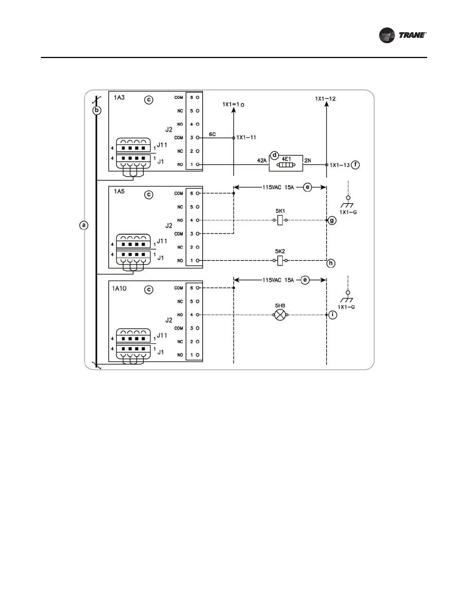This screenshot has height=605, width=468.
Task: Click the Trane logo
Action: pyautogui.click(x=402, y=35)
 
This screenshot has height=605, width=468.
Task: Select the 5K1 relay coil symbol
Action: pyautogui.click(x=280, y=220)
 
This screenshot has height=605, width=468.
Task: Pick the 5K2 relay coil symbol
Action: pyautogui.click(x=280, y=261)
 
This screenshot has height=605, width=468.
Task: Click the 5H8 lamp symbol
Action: pyautogui.click(x=281, y=315)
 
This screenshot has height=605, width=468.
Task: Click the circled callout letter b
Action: pyautogui.click(x=97, y=111)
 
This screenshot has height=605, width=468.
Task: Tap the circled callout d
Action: pyautogui.click(x=274, y=155)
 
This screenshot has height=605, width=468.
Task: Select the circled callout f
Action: pyautogui.click(x=355, y=165)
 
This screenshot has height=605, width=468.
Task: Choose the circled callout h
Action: pyautogui.click(x=331, y=263)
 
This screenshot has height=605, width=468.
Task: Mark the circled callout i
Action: pyautogui.click(x=333, y=315)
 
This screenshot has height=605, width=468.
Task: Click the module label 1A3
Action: pyautogui.click(x=119, y=98)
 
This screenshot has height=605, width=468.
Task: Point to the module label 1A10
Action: pyautogui.click(x=119, y=288)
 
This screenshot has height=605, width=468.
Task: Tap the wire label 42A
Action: pyautogui.click(x=262, y=161)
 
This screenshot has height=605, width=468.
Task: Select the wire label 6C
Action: pyautogui.click(x=212, y=134)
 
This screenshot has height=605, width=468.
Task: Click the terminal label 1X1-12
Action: pyautogui.click(x=325, y=99)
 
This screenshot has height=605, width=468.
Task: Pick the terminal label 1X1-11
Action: pyautogui.click(x=246, y=137)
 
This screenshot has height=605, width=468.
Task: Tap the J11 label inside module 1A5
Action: pyautogui.click(x=162, y=241)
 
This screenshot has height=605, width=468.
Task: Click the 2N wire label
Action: pyautogui.click(x=308, y=161)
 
